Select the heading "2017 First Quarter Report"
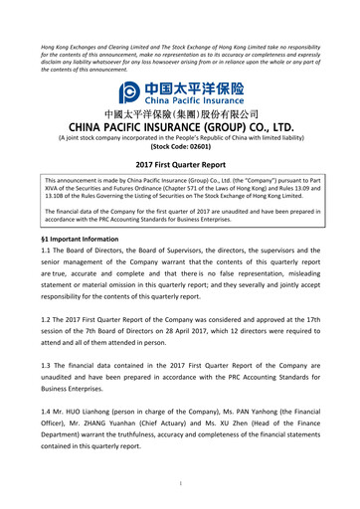click(x=179, y=164)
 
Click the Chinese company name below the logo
click(x=179, y=115)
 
